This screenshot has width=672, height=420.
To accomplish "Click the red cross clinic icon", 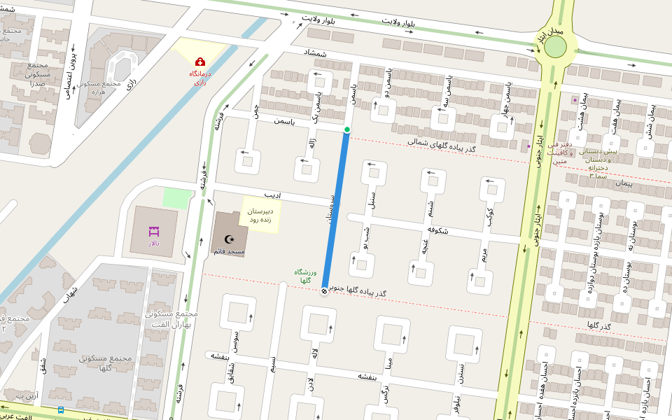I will pos(199,62).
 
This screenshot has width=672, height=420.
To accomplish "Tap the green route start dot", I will pos(346,129).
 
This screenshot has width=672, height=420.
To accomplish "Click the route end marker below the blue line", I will pos(325,290).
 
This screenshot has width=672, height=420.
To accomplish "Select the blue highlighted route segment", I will pos(336,210).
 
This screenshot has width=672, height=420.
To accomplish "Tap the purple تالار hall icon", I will pos(153,231).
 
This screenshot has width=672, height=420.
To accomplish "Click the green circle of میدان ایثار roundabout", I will pos(555,48).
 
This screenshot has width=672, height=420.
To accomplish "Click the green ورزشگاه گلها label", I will pos(309,276).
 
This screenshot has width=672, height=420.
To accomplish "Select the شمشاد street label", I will pos(315,54).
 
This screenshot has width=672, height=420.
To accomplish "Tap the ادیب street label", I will pos(272,195).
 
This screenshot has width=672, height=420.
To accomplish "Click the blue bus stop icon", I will pos(61,410).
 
